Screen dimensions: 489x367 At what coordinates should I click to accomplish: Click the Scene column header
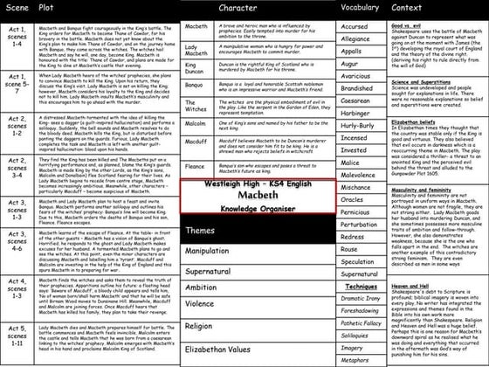coord(18,7)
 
